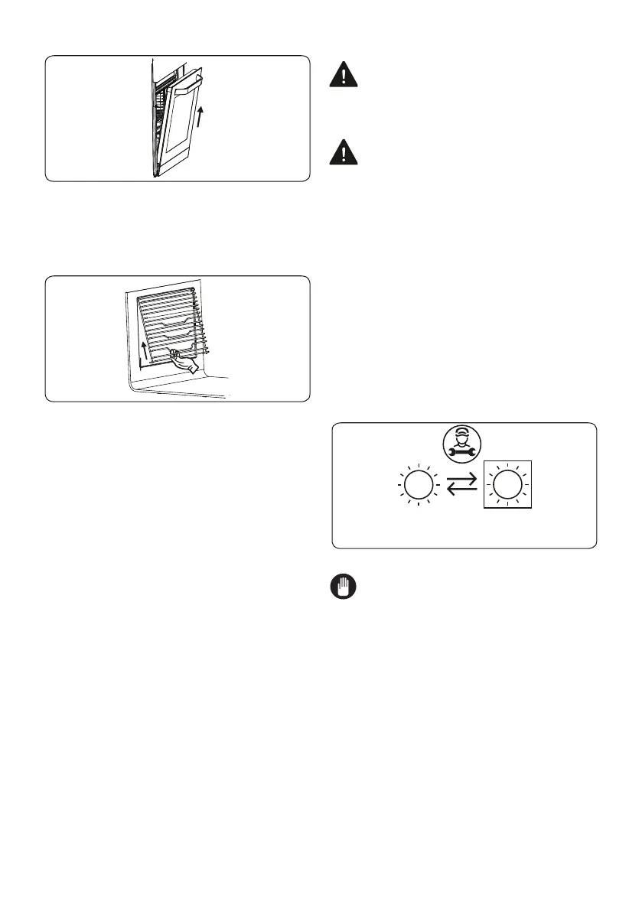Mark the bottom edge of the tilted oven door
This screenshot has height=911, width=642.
[171, 173]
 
